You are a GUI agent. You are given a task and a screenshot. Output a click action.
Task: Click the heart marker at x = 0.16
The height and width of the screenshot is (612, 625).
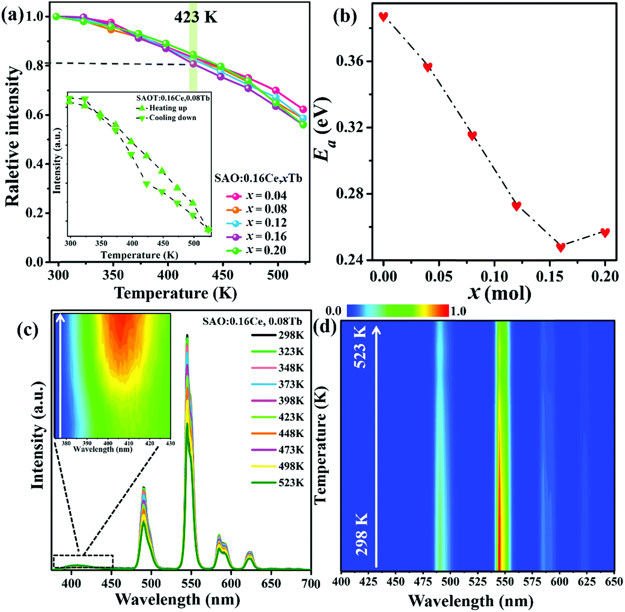[561, 247]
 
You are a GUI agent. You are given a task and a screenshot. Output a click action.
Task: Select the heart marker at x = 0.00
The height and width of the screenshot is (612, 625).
[383, 16]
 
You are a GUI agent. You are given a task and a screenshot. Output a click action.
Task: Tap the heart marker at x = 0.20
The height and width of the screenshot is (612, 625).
[605, 232]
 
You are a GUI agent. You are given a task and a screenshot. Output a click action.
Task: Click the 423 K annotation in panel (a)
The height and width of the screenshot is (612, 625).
[195, 18]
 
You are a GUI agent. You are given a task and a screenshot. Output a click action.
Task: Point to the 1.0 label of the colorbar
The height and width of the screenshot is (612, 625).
[458, 311]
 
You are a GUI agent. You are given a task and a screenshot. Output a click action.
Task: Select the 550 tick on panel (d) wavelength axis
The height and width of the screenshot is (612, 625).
[505, 581]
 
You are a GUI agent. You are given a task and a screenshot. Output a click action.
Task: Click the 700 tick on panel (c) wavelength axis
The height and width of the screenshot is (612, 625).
[310, 583]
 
